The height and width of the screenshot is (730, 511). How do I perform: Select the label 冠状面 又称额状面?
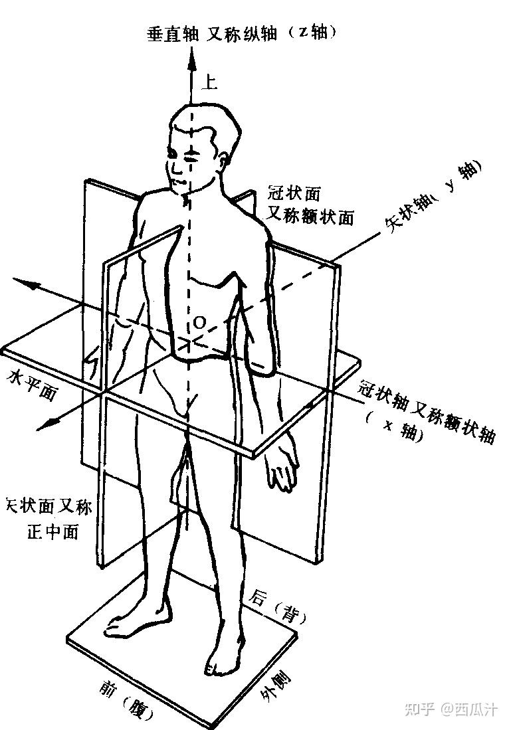pos(310,205)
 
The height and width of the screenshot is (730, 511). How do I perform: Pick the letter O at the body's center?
pos(199,323)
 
